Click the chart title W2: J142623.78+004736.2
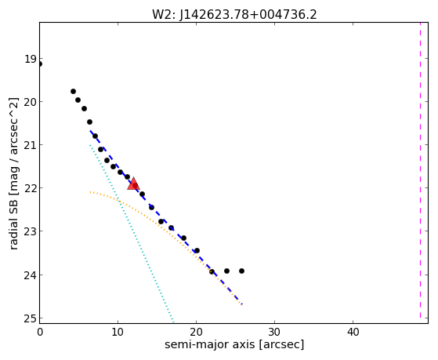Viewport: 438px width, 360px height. point(234,15)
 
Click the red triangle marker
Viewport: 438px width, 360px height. point(133,184)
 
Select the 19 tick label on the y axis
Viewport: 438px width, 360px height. point(31,59)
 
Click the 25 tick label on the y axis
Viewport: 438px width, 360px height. point(31,318)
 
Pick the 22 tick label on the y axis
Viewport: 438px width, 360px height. point(31,188)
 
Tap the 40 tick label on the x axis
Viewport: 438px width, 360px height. point(353,332)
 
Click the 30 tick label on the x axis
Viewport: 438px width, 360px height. point(274,332)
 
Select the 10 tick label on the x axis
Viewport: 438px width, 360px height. point(118,332)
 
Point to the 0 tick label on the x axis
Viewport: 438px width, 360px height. point(40,332)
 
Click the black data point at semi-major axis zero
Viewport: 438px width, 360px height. point(40,64)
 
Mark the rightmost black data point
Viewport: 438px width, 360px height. point(241,271)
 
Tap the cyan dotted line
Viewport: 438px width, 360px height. point(132,233)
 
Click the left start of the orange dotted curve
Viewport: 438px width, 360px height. point(90,192)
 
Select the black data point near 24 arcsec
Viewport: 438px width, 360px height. point(226,271)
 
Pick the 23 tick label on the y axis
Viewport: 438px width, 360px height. point(31,231)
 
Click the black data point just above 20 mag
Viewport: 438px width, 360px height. point(78,100)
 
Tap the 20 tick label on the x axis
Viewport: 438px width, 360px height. point(196,332)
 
